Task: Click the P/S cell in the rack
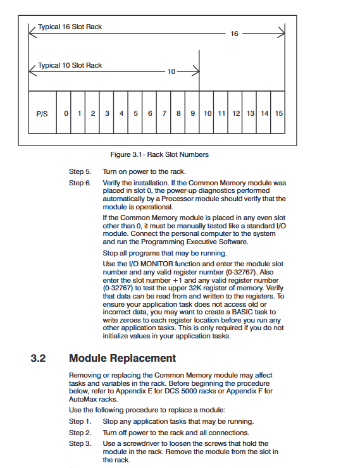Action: point(42,112)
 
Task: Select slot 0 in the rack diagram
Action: point(63,112)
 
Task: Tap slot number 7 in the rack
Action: point(164,112)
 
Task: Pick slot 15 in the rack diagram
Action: point(278,112)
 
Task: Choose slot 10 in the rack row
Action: point(206,112)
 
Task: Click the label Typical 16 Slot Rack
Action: point(70,27)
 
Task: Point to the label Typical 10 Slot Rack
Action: point(70,65)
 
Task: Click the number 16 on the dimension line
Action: point(234,34)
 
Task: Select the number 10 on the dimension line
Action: point(171,71)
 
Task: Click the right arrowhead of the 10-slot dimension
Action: point(196,71)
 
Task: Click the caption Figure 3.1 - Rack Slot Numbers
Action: point(159,154)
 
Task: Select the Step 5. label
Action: point(80,171)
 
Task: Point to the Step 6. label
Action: point(80,183)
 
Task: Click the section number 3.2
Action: point(38,358)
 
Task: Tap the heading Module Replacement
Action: point(122,358)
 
